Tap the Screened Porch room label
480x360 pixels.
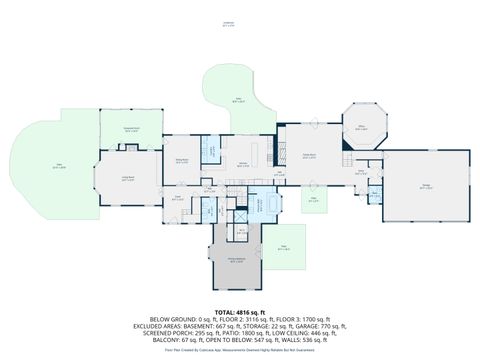click(x=130, y=129)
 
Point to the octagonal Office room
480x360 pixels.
click(x=363, y=127)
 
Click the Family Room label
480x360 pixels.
click(x=309, y=154)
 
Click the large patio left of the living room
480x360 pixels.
click(x=58, y=166)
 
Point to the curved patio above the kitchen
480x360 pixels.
click(x=238, y=98)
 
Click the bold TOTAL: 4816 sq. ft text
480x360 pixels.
click(x=239, y=312)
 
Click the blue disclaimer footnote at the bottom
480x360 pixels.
click(x=239, y=349)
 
